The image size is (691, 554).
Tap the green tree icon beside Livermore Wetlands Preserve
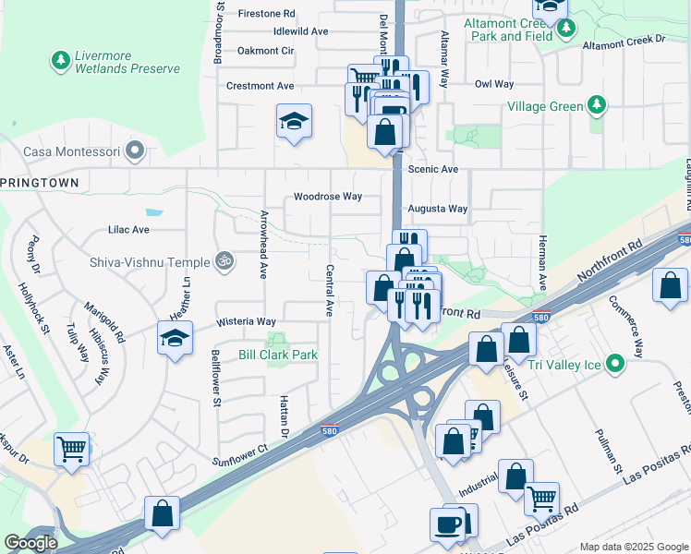point(60,61)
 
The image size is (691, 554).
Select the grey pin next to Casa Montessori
point(136,150)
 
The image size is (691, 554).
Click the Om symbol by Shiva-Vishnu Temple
point(222,261)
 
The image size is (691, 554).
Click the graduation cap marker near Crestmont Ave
point(294,122)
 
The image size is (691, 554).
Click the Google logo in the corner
point(30,543)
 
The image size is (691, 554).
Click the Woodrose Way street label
point(328,197)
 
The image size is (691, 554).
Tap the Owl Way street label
point(493,84)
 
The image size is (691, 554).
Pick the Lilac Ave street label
point(128,229)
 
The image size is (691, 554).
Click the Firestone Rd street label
point(266,14)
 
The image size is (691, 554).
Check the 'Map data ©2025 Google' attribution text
point(634,547)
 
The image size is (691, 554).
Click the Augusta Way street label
point(439,209)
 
